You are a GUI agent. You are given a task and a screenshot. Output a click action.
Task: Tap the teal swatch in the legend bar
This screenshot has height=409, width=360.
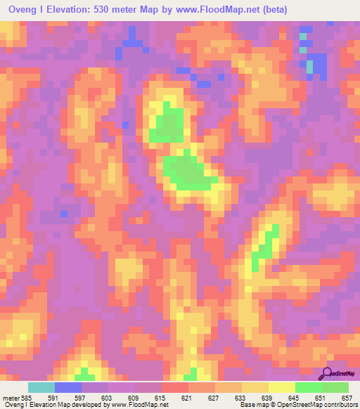tap(41, 387)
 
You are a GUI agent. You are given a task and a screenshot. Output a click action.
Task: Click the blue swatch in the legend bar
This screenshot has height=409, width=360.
tap(68, 387)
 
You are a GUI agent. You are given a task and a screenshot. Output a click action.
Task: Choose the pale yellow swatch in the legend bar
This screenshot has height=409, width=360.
tap(281, 387)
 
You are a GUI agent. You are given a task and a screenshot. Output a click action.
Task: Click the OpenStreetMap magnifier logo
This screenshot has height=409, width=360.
tap(327, 373)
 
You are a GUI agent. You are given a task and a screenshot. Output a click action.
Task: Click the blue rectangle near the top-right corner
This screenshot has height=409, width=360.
tap(318, 67)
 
